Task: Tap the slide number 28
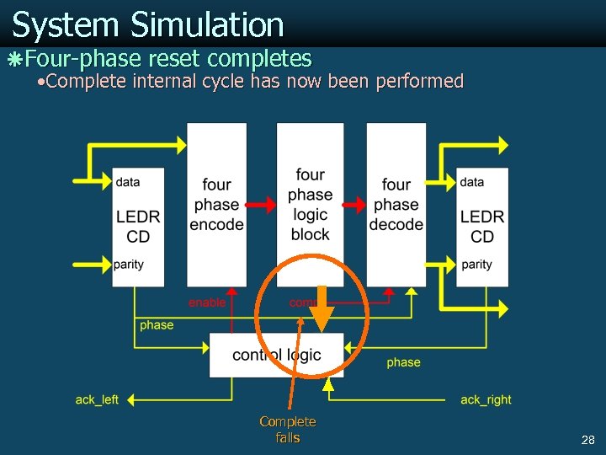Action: (587, 440)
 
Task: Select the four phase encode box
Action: (216, 204)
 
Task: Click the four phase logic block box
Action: (310, 204)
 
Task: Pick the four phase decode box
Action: (396, 204)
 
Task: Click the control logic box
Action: (276, 355)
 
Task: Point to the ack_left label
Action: (97, 399)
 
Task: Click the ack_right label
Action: (486, 399)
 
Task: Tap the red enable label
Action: (207, 302)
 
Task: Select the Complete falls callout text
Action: (288, 429)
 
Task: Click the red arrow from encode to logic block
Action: (262, 204)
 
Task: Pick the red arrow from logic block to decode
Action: (355, 204)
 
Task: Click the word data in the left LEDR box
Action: (128, 182)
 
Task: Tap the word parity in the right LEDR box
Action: (477, 265)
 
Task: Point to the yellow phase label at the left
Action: (157, 325)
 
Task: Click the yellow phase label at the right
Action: (403, 362)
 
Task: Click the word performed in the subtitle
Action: (426, 81)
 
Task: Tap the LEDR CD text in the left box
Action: (138, 227)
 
